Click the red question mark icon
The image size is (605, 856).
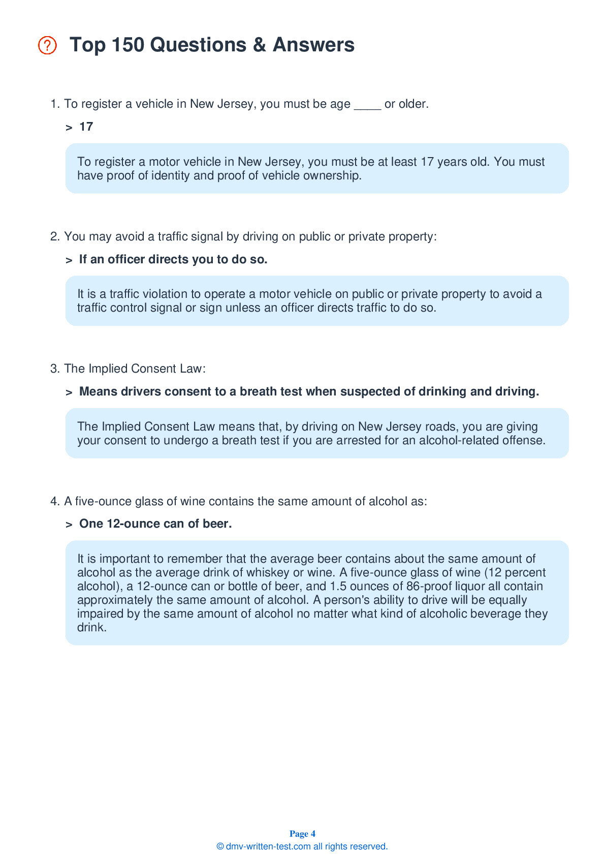[x=47, y=45]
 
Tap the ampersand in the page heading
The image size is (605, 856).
[x=259, y=45]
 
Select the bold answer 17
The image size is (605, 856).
[x=86, y=127]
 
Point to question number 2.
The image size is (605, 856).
[x=55, y=236]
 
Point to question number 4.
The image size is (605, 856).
[x=55, y=501]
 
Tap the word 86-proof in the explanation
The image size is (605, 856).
[x=430, y=586]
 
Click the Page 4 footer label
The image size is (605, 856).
[x=302, y=834]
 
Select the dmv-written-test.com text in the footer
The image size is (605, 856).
[x=268, y=846]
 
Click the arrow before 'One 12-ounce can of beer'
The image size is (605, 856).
[x=69, y=524]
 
